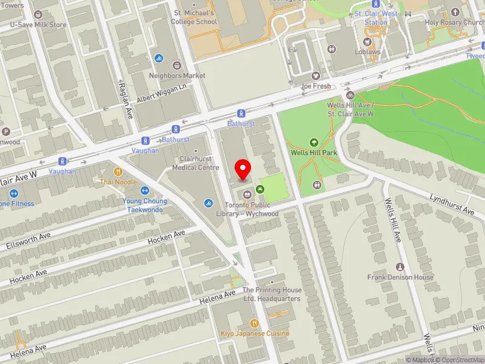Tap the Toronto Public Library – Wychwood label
click(252, 209)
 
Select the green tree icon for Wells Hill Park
click(313, 143)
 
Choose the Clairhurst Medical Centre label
click(195, 163)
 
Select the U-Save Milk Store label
click(38, 25)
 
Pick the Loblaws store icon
click(367, 42)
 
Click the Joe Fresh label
click(316, 86)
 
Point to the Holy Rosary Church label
click(455, 22)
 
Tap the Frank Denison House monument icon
click(400, 267)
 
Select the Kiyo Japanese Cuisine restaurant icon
click(254, 323)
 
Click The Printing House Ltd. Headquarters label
click(272, 294)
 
